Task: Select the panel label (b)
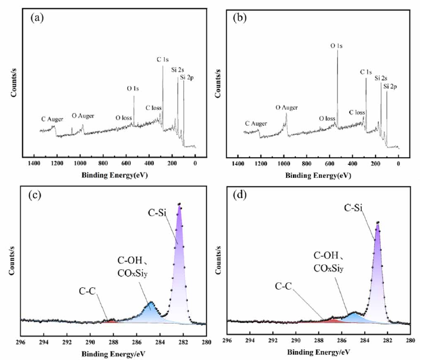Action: (x=239, y=17)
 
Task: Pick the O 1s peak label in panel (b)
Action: (x=337, y=45)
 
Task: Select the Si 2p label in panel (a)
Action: (x=187, y=78)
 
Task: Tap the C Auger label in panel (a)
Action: (x=53, y=119)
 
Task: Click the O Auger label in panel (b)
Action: (x=286, y=107)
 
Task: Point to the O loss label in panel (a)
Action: (x=124, y=118)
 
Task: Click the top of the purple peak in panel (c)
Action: (x=179, y=205)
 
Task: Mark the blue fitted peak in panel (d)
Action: (x=355, y=315)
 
